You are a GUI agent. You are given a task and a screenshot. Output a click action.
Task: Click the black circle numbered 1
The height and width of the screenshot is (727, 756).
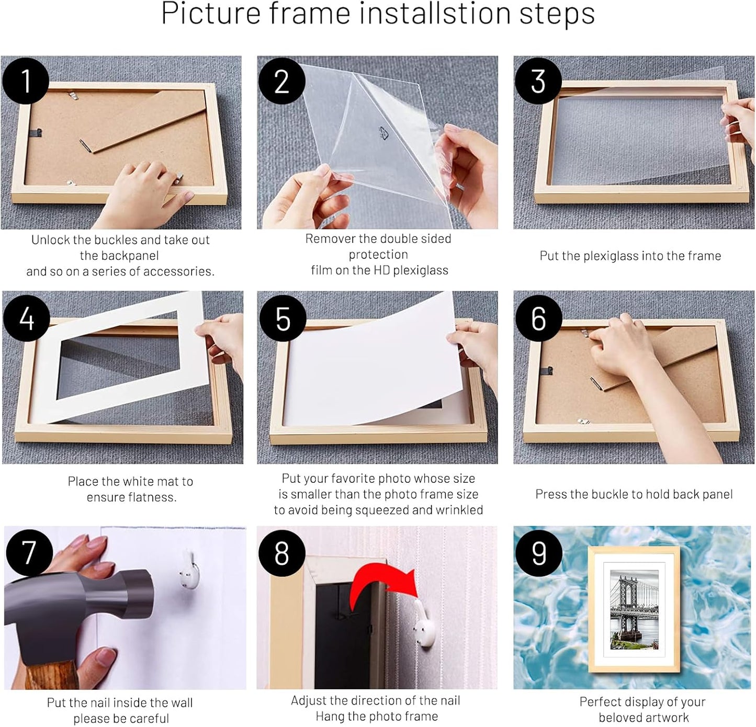click(25, 81)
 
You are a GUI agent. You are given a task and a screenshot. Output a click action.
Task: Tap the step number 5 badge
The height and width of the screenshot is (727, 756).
click(283, 318)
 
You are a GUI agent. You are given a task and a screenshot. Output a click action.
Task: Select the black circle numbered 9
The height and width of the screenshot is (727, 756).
click(538, 553)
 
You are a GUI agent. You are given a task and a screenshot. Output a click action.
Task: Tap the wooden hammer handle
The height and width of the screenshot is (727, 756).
click(52, 675)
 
